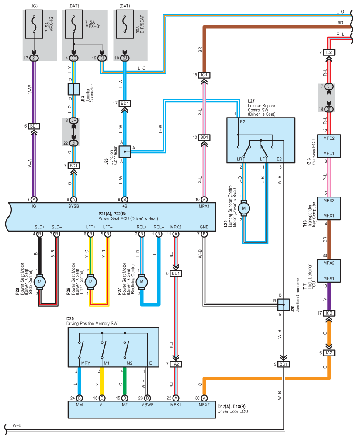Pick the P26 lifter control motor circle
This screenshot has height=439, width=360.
click(91, 283)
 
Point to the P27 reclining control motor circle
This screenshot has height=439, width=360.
click(142, 283)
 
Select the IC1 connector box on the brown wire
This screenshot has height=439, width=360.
click(204, 75)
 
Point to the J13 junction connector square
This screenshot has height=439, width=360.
click(73, 90)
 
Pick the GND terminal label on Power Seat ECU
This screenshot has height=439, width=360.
click(204, 227)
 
